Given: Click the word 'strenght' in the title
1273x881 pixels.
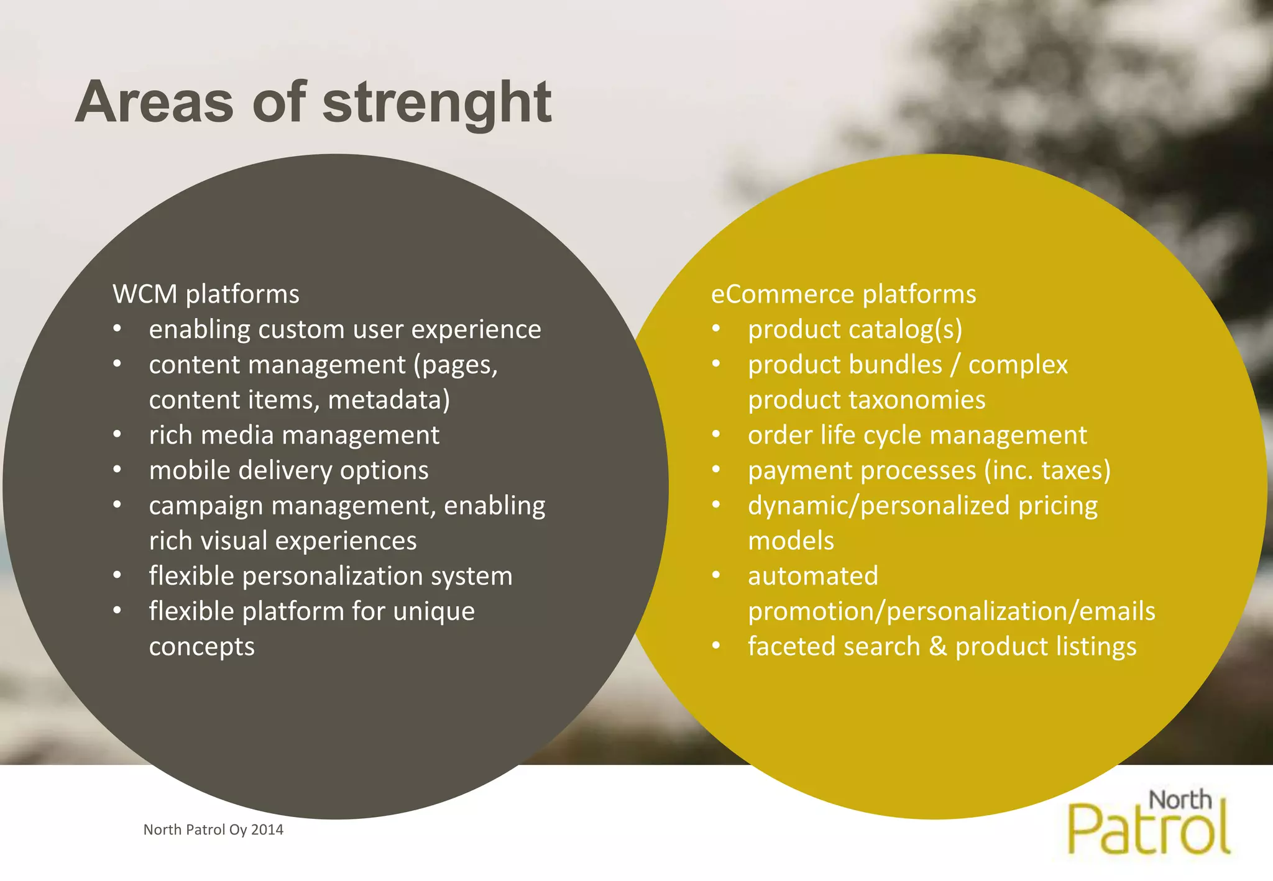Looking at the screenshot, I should pyautogui.click(x=436, y=103).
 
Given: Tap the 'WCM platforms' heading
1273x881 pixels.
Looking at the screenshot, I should pyautogui.click(x=206, y=294).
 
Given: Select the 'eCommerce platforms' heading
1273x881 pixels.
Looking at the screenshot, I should pyautogui.click(x=843, y=294).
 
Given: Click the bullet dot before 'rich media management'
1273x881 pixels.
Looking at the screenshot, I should pyautogui.click(x=117, y=434).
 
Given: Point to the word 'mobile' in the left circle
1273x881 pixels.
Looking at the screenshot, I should pyautogui.click(x=190, y=470).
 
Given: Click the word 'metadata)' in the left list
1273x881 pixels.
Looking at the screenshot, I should pyautogui.click(x=388, y=399).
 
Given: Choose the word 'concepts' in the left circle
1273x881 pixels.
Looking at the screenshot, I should pyautogui.click(x=201, y=647).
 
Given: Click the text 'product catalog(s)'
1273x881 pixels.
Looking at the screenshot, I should pyautogui.click(x=855, y=329).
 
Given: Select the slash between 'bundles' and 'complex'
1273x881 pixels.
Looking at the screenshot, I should pyautogui.click(x=955, y=365).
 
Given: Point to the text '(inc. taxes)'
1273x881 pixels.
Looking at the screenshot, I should pyautogui.click(x=1047, y=470).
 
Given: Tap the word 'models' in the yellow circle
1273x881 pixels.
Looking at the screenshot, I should pyautogui.click(x=791, y=541).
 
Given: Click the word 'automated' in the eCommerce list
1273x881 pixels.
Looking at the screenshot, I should pyautogui.click(x=812, y=576).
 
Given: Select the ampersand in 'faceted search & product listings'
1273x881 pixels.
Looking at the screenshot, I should pyautogui.click(x=937, y=647).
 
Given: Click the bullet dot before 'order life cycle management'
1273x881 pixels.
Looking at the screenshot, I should pyautogui.click(x=716, y=434).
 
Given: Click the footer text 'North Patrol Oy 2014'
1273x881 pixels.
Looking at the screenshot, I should pyautogui.click(x=213, y=830).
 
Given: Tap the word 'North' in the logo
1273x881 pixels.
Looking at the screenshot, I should pyautogui.click(x=1180, y=800).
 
